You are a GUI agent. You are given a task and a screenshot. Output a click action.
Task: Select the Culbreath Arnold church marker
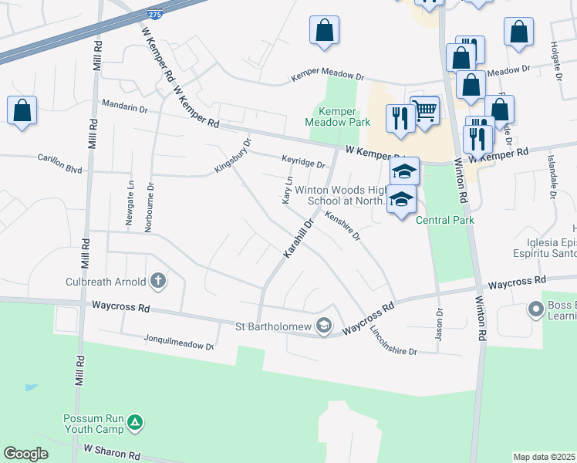pos(158,280)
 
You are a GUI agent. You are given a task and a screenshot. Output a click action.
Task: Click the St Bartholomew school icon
pos(324,326)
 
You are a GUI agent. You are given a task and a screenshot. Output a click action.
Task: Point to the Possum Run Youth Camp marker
pos(135,422)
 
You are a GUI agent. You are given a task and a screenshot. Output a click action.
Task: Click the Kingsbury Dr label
pos(233,156)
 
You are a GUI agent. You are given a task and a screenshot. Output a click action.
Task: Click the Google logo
pos(25,454)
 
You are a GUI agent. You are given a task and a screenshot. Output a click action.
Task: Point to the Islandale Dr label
pos(552,184)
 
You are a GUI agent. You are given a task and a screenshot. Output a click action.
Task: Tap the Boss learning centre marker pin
pos(535,310)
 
